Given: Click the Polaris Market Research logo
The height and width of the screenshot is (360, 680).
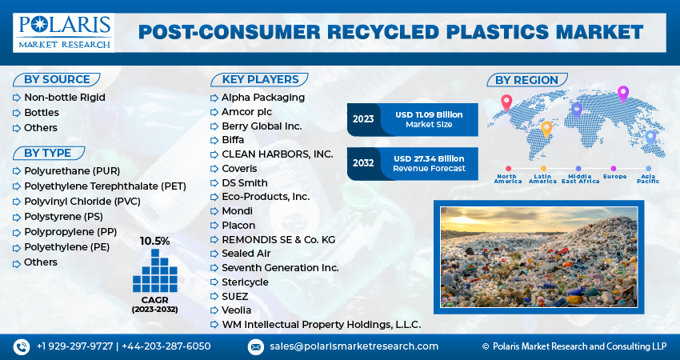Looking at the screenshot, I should [x=64, y=31].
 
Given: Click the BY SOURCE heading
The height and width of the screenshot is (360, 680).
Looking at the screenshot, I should [x=55, y=79].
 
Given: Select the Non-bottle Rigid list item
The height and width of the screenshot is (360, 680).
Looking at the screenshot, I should [x=65, y=98].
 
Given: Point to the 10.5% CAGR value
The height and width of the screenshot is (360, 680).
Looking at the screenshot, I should [x=154, y=241].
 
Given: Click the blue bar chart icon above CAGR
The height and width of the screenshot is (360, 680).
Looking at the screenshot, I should [x=154, y=270].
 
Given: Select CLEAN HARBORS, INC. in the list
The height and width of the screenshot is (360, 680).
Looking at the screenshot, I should [x=277, y=154].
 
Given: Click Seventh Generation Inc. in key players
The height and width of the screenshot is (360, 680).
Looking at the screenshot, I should [x=280, y=268].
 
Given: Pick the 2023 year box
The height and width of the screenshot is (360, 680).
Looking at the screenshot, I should [x=363, y=119].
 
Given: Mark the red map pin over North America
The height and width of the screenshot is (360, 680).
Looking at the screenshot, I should [x=506, y=102].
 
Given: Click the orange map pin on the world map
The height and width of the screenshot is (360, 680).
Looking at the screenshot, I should [x=547, y=128].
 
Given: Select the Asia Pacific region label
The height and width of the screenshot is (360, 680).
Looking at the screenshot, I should [x=649, y=178].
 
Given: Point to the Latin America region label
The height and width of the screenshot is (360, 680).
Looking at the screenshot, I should [x=542, y=178].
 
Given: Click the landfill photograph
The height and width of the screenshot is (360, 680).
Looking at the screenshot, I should [x=538, y=257].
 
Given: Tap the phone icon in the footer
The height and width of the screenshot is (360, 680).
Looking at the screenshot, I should [x=21, y=346].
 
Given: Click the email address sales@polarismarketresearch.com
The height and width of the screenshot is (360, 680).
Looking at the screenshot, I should [x=354, y=346].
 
